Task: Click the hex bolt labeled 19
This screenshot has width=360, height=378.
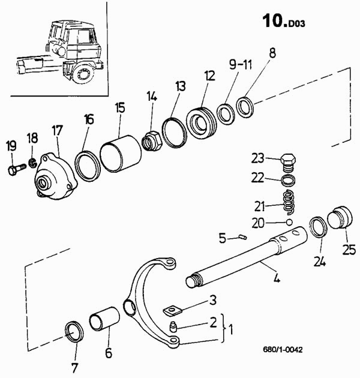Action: (x=14, y=169)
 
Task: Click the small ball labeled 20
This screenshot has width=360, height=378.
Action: (x=289, y=222)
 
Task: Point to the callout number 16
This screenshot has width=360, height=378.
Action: (x=89, y=119)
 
